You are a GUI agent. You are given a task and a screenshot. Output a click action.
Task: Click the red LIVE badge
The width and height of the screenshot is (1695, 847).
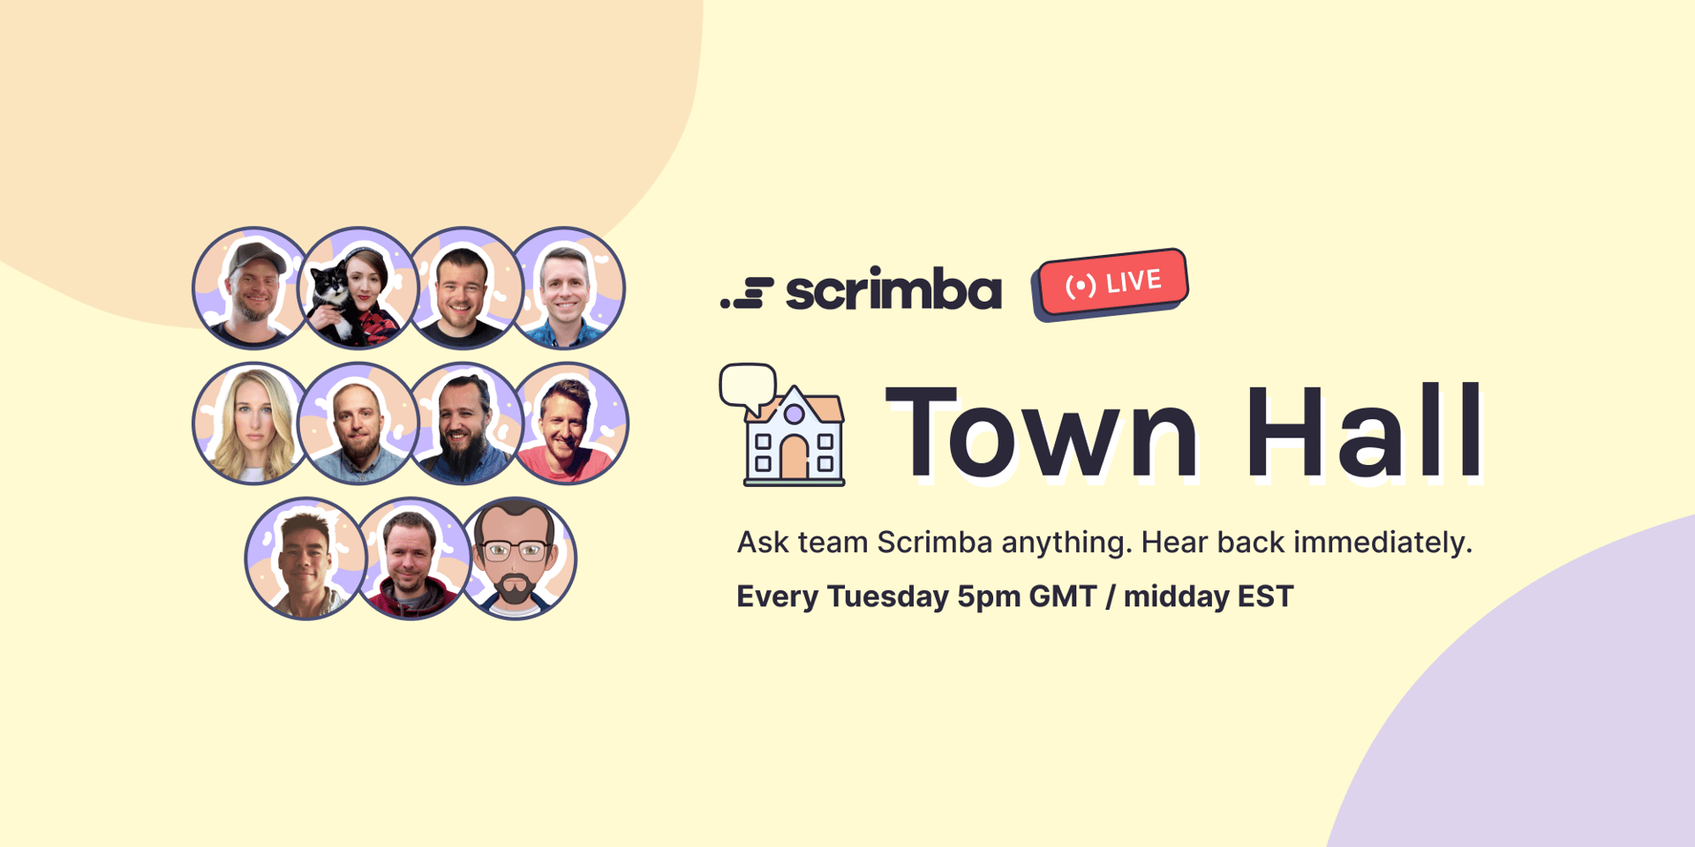pyautogui.click(x=1112, y=283)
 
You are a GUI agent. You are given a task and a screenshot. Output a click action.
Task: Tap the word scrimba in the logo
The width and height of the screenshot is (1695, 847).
pyautogui.click(x=893, y=289)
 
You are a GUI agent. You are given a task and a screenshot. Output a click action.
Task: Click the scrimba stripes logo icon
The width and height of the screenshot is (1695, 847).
pyautogui.click(x=747, y=293)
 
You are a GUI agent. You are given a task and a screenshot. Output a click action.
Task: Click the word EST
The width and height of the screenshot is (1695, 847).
pyautogui.click(x=1265, y=596)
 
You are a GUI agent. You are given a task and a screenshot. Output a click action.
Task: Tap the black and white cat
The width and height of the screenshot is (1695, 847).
pyautogui.click(x=330, y=303)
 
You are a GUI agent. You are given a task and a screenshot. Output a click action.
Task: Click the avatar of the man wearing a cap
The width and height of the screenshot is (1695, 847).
pyautogui.click(x=252, y=288)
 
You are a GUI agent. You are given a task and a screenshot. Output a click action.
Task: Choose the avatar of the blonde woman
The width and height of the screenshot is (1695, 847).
pyautogui.click(x=252, y=423)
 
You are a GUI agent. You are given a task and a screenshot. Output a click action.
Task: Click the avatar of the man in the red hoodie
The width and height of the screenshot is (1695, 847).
pyautogui.click(x=411, y=558)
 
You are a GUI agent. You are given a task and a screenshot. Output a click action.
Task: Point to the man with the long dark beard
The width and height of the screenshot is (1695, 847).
pyautogui.click(x=463, y=423)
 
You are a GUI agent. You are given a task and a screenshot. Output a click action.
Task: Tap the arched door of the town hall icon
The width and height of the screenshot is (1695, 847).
pyautogui.click(x=794, y=457)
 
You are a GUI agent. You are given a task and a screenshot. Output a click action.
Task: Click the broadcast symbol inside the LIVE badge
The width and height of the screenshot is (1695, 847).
pyautogui.click(x=1081, y=287)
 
